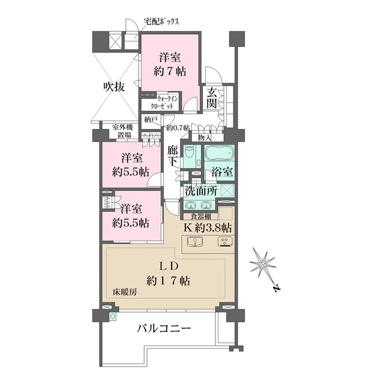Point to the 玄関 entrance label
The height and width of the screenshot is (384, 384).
(213, 98)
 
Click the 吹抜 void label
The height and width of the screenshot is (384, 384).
(113, 86)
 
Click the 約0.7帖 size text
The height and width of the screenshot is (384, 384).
(178, 128)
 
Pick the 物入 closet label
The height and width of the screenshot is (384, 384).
(204, 137)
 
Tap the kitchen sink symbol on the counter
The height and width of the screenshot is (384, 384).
(194, 242)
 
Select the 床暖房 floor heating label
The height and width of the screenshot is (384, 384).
(125, 291)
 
